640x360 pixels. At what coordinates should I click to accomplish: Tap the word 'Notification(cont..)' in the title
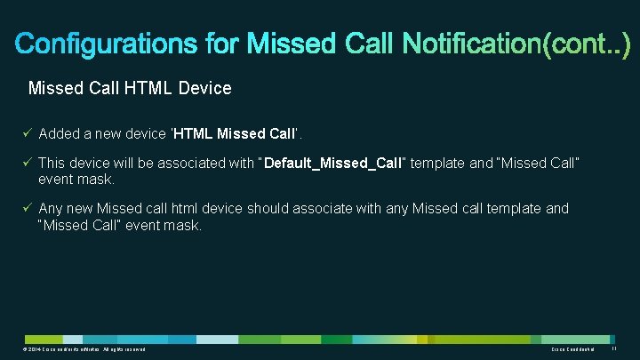click(516, 43)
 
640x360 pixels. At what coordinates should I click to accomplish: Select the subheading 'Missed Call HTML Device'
click(130, 89)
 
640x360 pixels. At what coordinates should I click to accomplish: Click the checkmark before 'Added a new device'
click(28, 133)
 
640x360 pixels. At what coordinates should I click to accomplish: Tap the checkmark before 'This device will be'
click(28, 164)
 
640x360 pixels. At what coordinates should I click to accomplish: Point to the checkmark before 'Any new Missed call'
click(28, 209)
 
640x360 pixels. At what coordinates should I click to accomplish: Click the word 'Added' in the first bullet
click(60, 133)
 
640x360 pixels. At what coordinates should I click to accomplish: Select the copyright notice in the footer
click(85, 351)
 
